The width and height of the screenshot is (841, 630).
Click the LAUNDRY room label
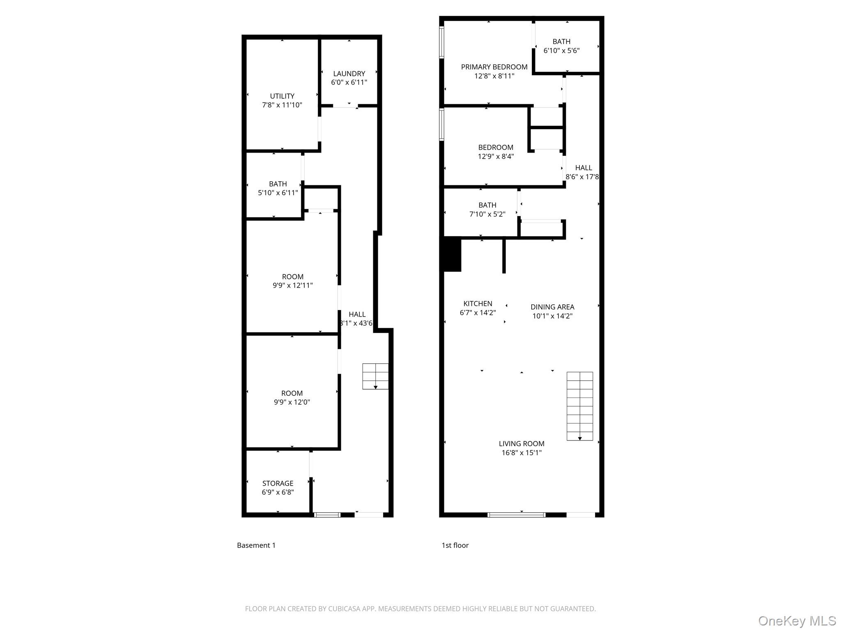349,74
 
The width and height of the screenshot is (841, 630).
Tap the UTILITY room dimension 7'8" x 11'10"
282,105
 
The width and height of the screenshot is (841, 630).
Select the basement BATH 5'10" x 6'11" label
278,188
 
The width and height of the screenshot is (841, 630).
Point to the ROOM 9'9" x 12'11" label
292,281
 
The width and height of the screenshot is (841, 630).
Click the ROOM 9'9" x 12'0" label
292,397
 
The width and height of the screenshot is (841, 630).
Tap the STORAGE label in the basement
278,483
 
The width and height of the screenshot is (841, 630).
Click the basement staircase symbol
375,376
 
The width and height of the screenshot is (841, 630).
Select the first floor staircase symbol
579,406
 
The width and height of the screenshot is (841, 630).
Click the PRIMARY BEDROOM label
494,67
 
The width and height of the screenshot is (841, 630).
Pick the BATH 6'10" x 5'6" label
561,46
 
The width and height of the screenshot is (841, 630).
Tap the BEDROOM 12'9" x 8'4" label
496,152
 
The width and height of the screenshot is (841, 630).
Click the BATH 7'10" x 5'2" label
487,209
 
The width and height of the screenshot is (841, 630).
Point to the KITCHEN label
478,304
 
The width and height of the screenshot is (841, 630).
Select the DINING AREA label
552,307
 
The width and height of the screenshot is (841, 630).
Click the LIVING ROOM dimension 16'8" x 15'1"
522,453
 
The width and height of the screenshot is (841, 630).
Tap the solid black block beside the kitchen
452,254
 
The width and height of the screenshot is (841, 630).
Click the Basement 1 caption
256,545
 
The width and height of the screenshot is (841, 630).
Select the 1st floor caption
455,545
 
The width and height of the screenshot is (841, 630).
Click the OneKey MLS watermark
797,621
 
